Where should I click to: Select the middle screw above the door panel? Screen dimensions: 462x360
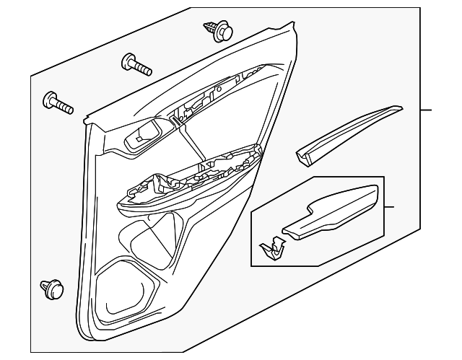coord(136,64)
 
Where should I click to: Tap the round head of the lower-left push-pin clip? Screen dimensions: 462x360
coord(48,287)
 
